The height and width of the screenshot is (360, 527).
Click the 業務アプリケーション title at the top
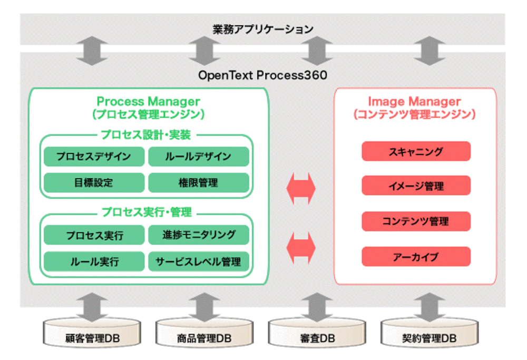(x=263, y=29)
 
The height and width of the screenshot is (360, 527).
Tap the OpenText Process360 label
(x=262, y=75)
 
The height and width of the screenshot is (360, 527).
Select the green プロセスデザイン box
(x=94, y=157)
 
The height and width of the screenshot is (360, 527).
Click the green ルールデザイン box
(x=199, y=157)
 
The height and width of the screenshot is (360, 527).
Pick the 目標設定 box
(x=94, y=182)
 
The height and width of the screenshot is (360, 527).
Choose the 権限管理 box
(x=199, y=182)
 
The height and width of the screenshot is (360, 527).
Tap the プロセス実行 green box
(x=94, y=235)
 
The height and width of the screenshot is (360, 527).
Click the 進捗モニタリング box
(x=199, y=235)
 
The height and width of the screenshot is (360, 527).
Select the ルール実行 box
(x=94, y=261)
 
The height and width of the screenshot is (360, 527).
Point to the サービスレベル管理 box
(x=199, y=261)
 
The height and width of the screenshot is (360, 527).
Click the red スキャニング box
(x=416, y=151)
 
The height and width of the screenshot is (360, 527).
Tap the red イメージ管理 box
(x=416, y=186)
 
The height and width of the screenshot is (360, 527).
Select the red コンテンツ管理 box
(x=416, y=221)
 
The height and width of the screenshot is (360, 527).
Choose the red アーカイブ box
(x=416, y=257)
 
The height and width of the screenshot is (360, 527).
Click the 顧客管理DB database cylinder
(x=92, y=333)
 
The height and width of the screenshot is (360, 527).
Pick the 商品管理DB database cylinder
(x=204, y=333)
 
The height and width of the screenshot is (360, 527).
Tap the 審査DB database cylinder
(x=317, y=333)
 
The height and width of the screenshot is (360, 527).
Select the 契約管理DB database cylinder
(x=430, y=333)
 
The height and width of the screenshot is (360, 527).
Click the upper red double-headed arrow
(x=301, y=188)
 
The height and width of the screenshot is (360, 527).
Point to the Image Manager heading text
(x=414, y=101)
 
